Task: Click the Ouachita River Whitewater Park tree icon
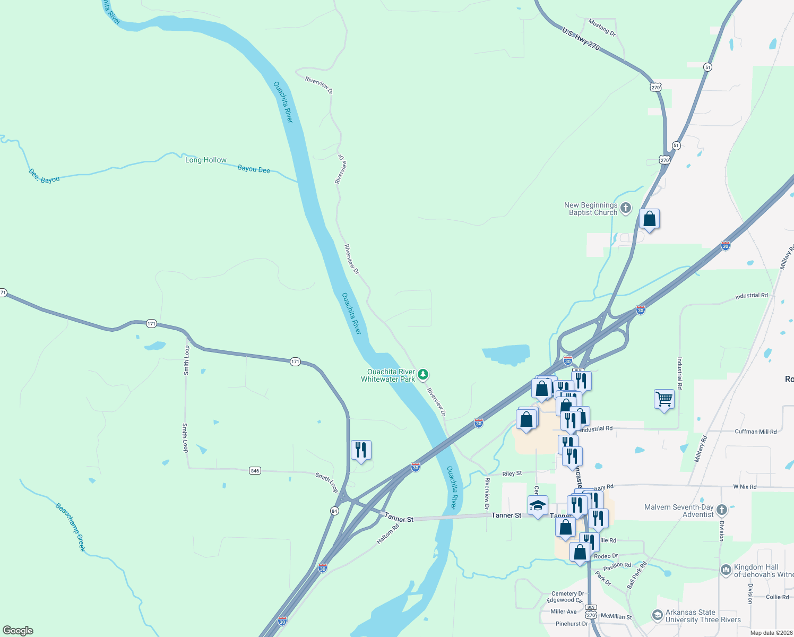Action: pyautogui.click(x=423, y=375)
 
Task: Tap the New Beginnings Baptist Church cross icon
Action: pyautogui.click(x=626, y=208)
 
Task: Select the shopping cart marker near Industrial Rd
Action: pyautogui.click(x=664, y=399)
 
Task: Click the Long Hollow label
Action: pyautogui.click(x=206, y=160)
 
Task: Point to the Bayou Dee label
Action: pyautogui.click(x=254, y=169)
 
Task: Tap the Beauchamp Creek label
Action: pyautogui.click(x=71, y=527)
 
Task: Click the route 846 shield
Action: pyautogui.click(x=255, y=471)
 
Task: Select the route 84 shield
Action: pyautogui.click(x=334, y=511)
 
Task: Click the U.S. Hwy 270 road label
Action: pyautogui.click(x=581, y=39)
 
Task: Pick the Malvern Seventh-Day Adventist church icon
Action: pyautogui.click(x=721, y=510)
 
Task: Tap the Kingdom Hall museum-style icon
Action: pyautogui.click(x=726, y=570)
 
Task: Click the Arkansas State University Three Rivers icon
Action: pyautogui.click(x=657, y=615)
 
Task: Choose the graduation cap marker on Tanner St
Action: pyautogui.click(x=538, y=505)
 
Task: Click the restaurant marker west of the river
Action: pyautogui.click(x=361, y=450)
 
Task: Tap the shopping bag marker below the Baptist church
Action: pyautogui.click(x=649, y=219)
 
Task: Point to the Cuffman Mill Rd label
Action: pyautogui.click(x=755, y=432)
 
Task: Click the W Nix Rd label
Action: pyautogui.click(x=745, y=487)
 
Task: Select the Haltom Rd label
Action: pyautogui.click(x=387, y=534)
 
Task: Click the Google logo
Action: pyautogui.click(x=18, y=631)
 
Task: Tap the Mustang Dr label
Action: pyautogui.click(x=602, y=28)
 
